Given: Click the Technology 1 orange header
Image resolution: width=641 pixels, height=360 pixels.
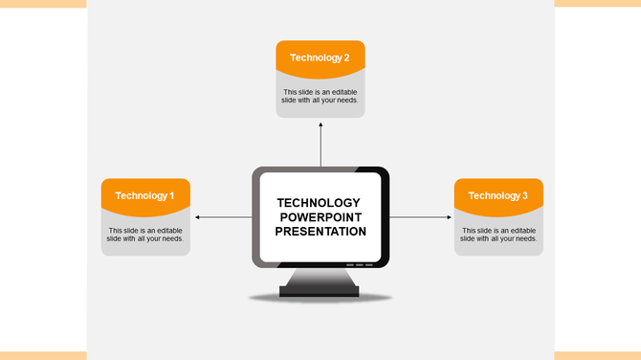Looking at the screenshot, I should [x=145, y=195].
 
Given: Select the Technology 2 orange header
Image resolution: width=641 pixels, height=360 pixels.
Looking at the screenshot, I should [x=320, y=57].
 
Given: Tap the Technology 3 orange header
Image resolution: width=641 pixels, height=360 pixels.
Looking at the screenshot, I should [x=498, y=195].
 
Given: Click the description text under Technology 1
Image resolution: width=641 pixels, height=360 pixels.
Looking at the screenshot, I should [x=145, y=235].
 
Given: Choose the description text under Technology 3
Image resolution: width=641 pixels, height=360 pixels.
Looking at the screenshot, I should [x=498, y=235].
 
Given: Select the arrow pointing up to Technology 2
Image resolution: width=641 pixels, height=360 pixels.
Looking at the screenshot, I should [x=320, y=144].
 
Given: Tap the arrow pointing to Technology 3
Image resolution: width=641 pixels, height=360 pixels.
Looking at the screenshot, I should [x=421, y=217].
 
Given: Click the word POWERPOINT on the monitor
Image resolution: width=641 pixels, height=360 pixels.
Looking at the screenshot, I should [x=320, y=216].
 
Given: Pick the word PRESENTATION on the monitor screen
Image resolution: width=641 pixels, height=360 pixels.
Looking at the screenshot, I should [x=320, y=231].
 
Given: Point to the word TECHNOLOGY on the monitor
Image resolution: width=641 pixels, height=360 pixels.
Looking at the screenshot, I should [x=319, y=202].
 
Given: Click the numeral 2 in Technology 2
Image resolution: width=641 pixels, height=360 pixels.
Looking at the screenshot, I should [x=346, y=57].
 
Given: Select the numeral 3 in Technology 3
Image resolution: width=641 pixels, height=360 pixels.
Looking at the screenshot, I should [x=524, y=195].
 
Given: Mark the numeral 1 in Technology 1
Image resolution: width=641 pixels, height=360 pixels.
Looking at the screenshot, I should [x=171, y=195].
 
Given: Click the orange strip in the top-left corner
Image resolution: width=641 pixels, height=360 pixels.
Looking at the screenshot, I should [x=43, y=4].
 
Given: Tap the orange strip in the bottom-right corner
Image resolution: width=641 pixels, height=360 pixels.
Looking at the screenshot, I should [x=597, y=355].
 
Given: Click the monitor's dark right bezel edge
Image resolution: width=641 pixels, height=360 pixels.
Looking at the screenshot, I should [x=386, y=217].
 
